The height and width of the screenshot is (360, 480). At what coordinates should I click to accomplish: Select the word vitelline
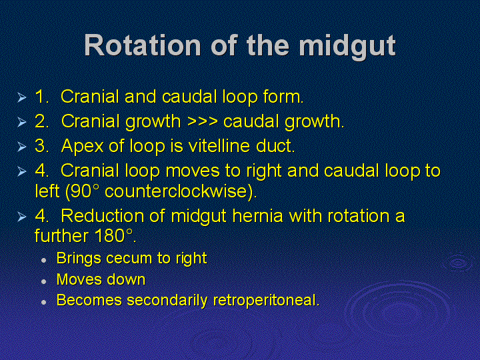[x=219, y=145]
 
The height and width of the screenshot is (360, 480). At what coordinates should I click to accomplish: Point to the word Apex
[x=83, y=147]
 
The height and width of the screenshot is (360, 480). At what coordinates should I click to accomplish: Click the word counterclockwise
[x=179, y=191]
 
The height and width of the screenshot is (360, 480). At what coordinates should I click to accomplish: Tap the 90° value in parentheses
[x=83, y=192]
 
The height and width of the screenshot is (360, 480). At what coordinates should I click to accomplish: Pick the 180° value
[x=113, y=236]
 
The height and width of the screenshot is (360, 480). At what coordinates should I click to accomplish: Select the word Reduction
[x=103, y=216]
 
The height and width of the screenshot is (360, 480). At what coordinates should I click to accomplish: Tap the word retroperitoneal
[x=265, y=301]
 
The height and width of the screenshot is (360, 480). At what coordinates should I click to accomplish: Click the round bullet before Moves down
[x=44, y=281]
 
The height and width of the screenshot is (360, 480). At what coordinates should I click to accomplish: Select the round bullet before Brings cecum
[x=44, y=260]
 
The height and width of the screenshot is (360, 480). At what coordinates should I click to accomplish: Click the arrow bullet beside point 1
[x=22, y=97]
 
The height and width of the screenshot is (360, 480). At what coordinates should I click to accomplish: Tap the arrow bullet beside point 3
[x=22, y=147]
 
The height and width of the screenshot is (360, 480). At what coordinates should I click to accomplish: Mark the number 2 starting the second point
[x=40, y=121]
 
